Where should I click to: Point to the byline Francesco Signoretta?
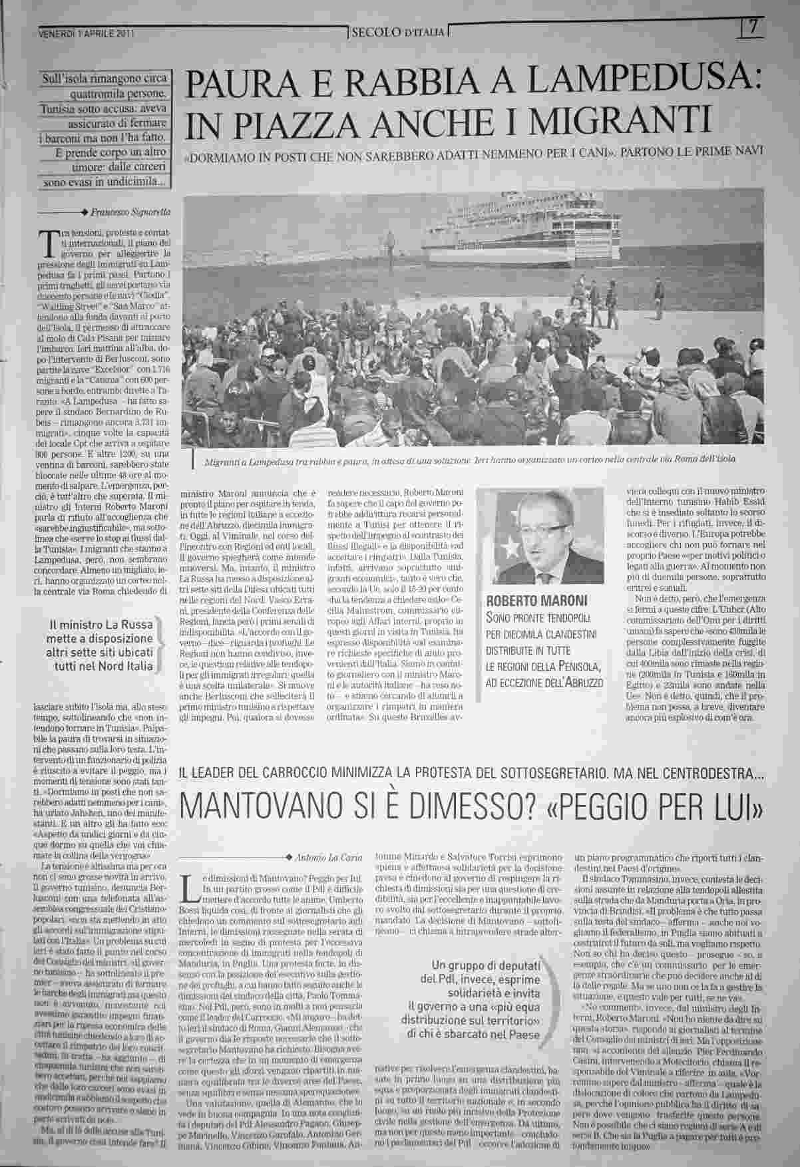tap(130, 211)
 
